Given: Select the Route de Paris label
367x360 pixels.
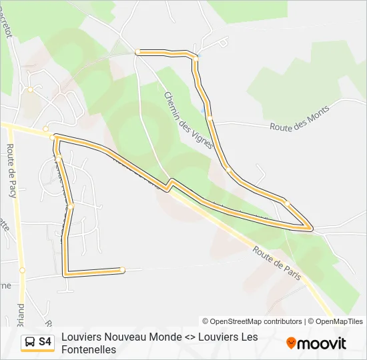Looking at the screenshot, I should click(277, 262).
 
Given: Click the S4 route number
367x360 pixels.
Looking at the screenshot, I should click(45, 342).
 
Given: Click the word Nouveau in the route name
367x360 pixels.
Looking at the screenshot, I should click(131, 337).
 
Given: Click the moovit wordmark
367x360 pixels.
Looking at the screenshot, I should click(322, 344).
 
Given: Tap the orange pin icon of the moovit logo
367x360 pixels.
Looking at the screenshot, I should click(291, 343).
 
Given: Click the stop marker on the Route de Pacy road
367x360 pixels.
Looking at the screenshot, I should click(22, 270).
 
